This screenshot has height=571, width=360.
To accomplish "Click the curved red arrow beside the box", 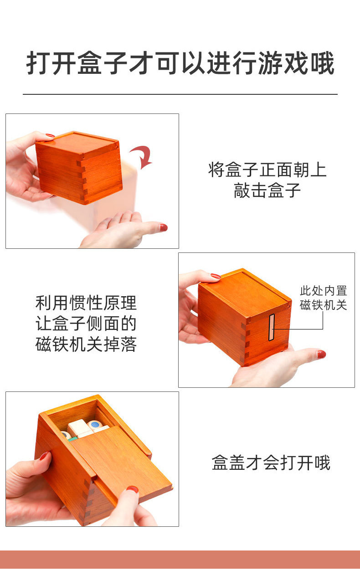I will [x=142, y=157].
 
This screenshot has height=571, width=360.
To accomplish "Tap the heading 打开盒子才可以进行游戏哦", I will [x=180, y=64].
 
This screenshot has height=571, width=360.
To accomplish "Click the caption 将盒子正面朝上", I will [x=267, y=170].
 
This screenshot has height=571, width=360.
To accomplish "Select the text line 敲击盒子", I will [x=267, y=190].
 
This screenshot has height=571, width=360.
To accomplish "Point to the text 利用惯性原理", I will [x=86, y=303].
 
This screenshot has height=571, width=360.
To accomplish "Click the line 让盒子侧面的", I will [x=86, y=324].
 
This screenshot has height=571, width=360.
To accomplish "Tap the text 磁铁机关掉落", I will [x=86, y=345].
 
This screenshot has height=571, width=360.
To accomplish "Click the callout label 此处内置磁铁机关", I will [x=324, y=298].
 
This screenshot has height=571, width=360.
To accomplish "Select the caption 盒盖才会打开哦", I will [x=271, y=463].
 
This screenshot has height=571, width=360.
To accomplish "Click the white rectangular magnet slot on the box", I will [x=272, y=328].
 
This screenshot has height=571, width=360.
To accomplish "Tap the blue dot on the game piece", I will [x=95, y=425].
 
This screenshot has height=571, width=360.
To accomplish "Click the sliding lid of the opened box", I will [x=123, y=465].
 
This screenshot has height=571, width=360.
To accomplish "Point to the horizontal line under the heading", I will [x=180, y=94].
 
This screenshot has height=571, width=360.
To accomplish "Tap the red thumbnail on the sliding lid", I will [x=132, y=489].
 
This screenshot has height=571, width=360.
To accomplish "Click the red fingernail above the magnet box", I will [x=215, y=276].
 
